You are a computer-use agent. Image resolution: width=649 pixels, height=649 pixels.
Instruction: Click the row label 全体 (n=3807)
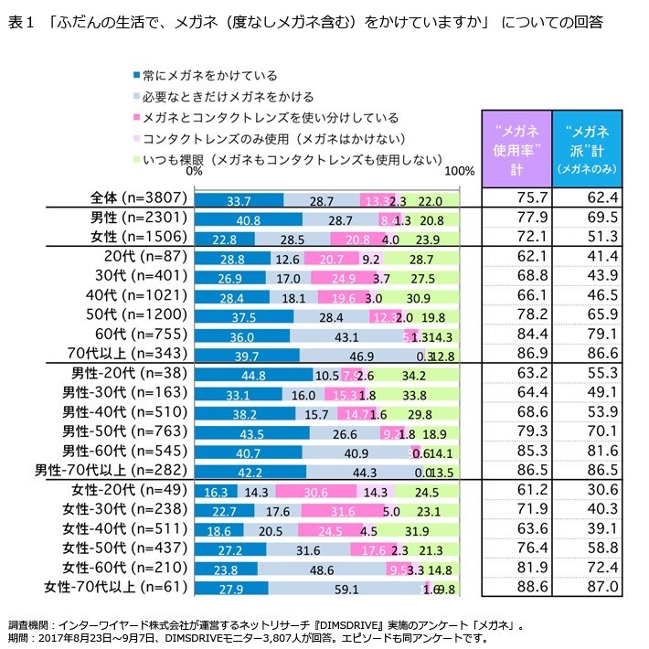coord(139,199)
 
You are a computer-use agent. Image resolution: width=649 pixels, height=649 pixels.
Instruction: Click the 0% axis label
coord(194,170)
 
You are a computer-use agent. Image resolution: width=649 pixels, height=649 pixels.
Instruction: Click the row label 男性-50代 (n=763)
coord(124,431)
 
